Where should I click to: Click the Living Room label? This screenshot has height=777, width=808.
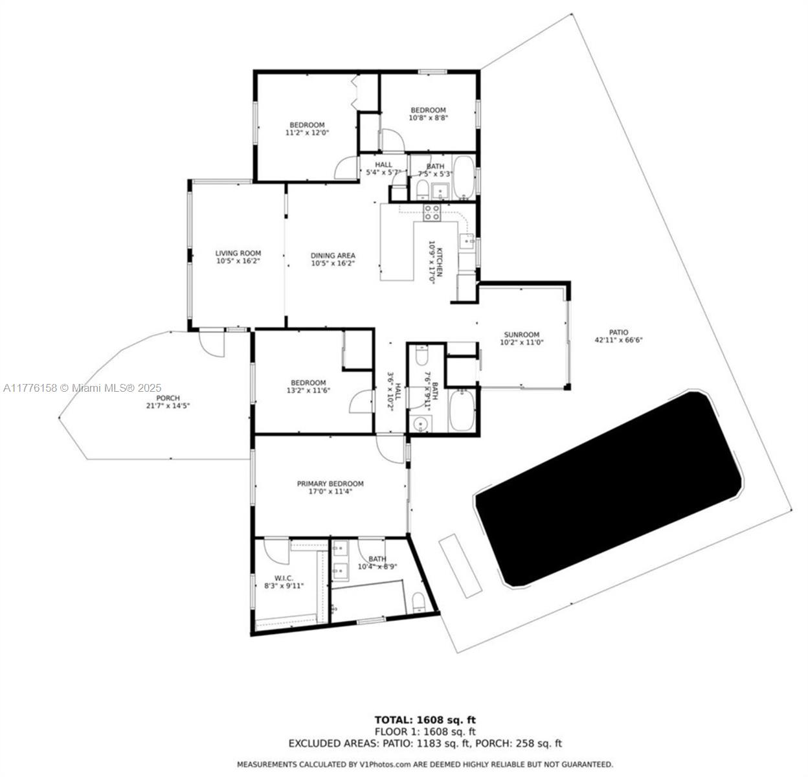pyautogui.click(x=238, y=257)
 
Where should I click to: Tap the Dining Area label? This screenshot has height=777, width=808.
pyautogui.click(x=333, y=259)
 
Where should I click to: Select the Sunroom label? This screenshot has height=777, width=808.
pyautogui.click(x=521, y=338)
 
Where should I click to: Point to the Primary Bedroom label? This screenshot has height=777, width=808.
pyautogui.click(x=330, y=487)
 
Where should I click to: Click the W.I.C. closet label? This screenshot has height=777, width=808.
pyautogui.click(x=284, y=581)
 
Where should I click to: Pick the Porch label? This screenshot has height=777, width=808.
pyautogui.click(x=168, y=401)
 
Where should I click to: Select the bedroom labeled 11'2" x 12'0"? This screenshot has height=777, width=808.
pyautogui.click(x=307, y=128)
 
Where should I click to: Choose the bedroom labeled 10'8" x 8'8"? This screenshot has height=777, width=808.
pyautogui.click(x=428, y=114)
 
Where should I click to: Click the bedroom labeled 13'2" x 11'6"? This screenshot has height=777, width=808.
pyautogui.click(x=308, y=387)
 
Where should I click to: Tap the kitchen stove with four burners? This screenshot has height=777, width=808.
pyautogui.click(x=432, y=212)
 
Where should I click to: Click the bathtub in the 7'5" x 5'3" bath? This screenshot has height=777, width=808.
pyautogui.click(x=463, y=177)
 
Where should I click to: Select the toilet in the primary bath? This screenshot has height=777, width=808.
pyautogui.click(x=419, y=602)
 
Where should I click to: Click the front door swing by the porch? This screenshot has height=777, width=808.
pyautogui.click(x=211, y=343)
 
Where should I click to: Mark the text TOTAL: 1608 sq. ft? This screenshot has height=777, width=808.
pyautogui.click(x=425, y=719)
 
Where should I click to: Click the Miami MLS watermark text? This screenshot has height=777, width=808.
pyautogui.click(x=82, y=388)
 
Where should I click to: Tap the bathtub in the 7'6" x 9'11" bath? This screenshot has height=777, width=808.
pyautogui.click(x=462, y=410)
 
